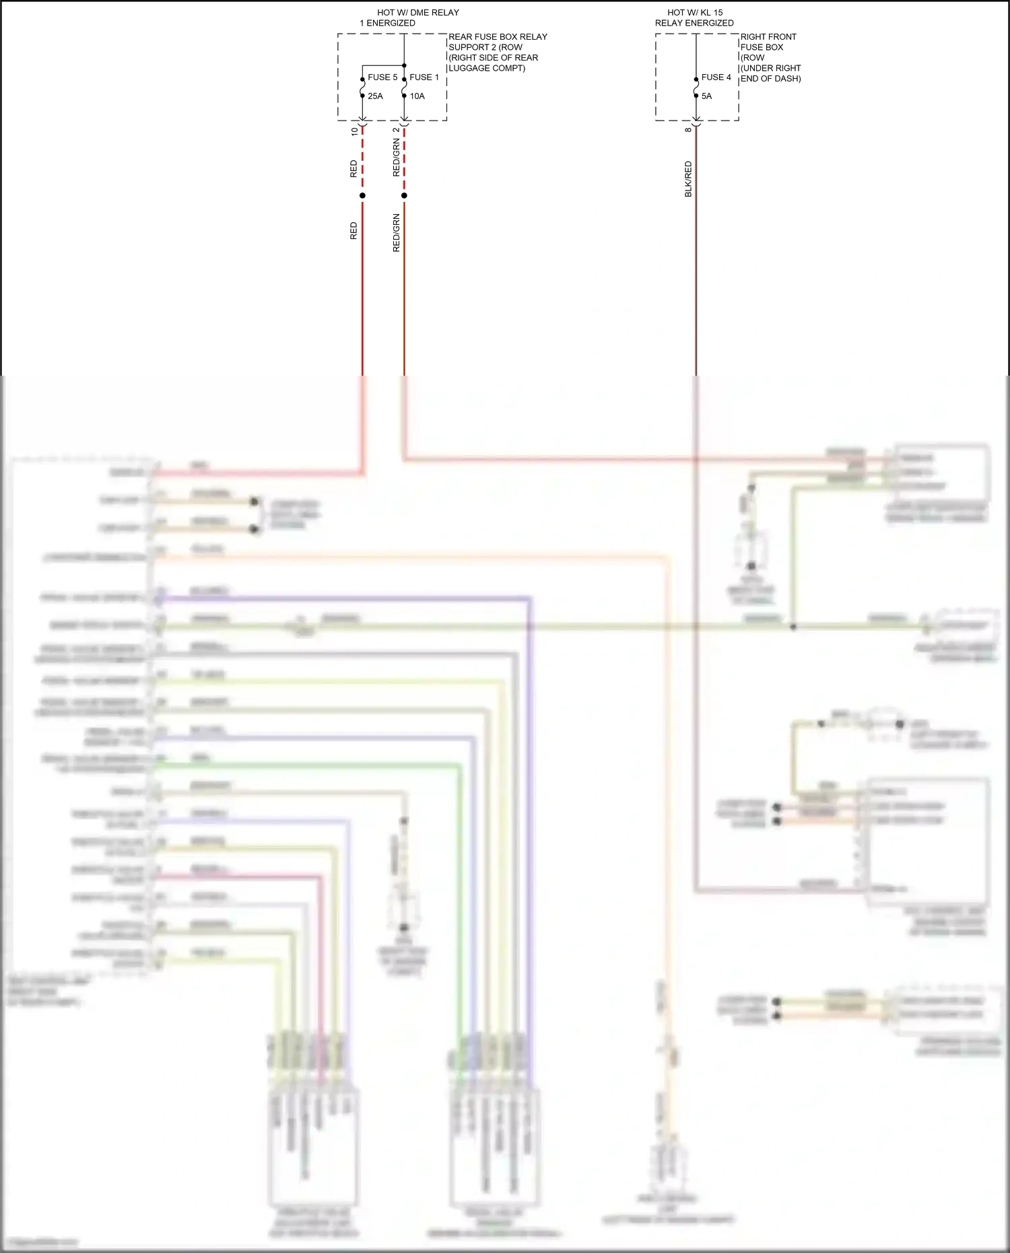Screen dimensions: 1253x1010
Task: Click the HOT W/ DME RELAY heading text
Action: pos(417,13)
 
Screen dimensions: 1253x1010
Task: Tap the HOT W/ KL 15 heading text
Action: pos(694,13)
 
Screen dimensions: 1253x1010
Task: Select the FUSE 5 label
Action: pos(382,77)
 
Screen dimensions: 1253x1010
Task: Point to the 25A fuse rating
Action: pos(375,96)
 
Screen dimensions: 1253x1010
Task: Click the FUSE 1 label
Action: pos(424,77)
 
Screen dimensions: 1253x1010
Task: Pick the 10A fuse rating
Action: pos(417,96)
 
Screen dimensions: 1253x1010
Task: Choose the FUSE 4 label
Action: pos(716,77)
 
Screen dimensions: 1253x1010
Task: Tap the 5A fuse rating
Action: pos(706,96)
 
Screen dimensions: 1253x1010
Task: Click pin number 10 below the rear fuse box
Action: pos(355,132)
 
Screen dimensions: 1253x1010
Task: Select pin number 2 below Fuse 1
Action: pos(396,131)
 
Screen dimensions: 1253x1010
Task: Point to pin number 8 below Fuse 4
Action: pos(687,130)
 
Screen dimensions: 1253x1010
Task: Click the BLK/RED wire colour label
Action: pos(688,179)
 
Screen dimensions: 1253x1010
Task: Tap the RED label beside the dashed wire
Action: pos(354,169)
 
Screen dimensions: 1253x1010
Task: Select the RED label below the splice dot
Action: pos(354,231)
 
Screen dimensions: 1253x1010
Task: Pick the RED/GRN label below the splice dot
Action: pos(397,233)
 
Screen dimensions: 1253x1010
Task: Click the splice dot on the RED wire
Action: pos(362,196)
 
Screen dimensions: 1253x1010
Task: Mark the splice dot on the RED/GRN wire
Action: pos(404,196)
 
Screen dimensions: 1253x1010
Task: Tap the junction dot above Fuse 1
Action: pos(404,65)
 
